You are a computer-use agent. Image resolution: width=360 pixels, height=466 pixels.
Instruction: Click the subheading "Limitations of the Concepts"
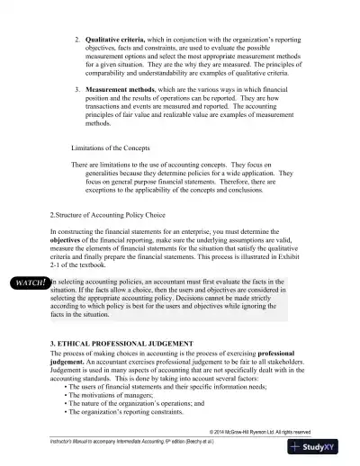(x=117, y=147)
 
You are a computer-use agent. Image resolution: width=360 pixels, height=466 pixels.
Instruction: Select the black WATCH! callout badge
(x=28, y=282)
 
